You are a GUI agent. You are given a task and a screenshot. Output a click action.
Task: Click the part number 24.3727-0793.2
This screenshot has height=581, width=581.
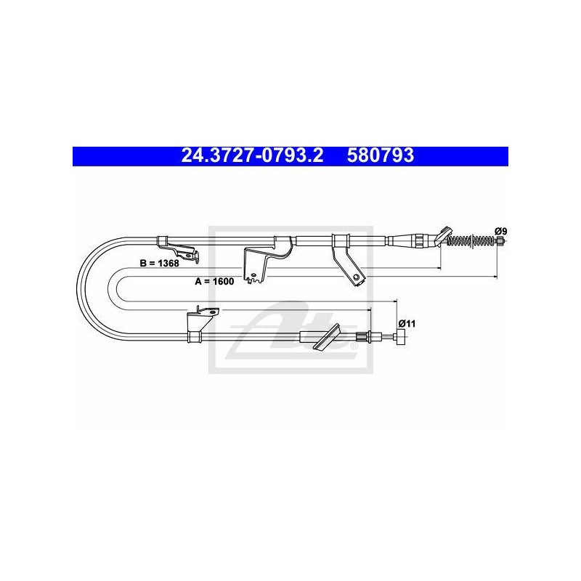pos(252,155)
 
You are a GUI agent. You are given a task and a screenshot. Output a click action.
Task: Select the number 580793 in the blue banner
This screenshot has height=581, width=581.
pos(380,155)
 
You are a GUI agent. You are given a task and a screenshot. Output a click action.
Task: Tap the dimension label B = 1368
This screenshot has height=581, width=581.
pos(159,263)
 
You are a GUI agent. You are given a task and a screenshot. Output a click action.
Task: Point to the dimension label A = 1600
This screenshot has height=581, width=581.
pos(214,281)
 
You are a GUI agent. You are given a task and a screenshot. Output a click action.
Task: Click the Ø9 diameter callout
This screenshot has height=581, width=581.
pos(500,231)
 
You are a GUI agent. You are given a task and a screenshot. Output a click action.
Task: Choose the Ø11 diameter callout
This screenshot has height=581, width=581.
pos(407,323)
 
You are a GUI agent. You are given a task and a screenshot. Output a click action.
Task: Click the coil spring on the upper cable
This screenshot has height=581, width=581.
pos(471,241)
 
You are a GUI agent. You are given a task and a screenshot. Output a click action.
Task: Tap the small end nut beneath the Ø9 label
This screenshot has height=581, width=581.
pos(500,241)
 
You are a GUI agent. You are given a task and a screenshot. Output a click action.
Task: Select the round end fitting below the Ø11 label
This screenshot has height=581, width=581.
pos(401,337)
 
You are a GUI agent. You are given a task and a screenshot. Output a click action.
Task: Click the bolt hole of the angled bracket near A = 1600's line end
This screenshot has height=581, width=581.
pos(357,277)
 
